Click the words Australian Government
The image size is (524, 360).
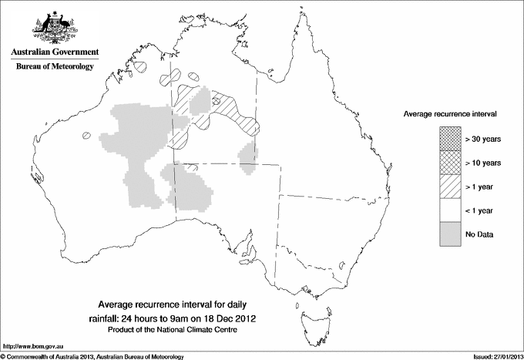pos(55,52)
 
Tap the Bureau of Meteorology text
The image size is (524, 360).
pos(55,67)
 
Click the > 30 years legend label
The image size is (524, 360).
pos(482,139)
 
